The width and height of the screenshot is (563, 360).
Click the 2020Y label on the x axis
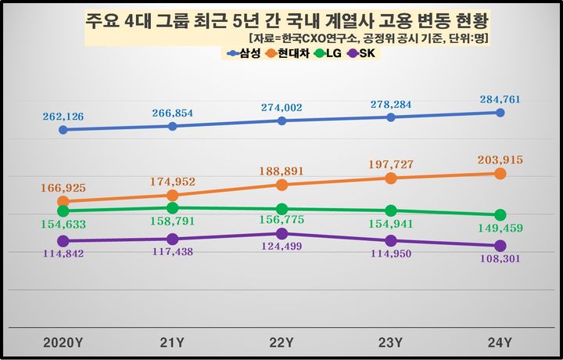(x=63, y=342)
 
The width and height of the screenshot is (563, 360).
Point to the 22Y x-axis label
(x=281, y=342)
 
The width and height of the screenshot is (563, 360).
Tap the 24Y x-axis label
(x=500, y=342)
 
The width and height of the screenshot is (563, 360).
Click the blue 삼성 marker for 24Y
(x=500, y=113)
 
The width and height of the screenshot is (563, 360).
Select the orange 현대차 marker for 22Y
(x=281, y=185)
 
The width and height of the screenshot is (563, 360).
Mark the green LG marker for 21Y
(x=172, y=208)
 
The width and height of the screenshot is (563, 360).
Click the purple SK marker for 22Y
(x=281, y=233)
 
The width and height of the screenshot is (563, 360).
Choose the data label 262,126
(x=62, y=116)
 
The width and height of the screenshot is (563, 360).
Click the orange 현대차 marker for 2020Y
(x=63, y=201)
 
